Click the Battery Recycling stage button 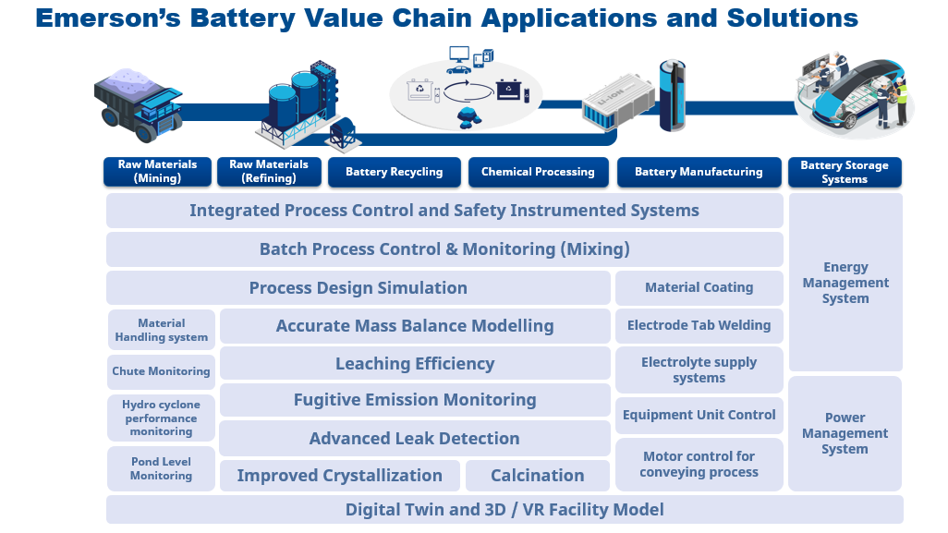pyautogui.click(x=394, y=172)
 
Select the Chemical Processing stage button pyautogui.click(x=538, y=172)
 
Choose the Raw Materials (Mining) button pyautogui.click(x=157, y=172)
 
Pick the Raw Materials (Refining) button pyautogui.click(x=269, y=172)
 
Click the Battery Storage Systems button pyautogui.click(x=845, y=172)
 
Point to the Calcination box pyautogui.click(x=537, y=476)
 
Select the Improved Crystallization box pyautogui.click(x=339, y=476)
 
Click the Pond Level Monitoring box pyautogui.click(x=161, y=468)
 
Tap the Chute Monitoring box pyautogui.click(x=161, y=371)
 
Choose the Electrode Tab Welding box pyautogui.click(x=699, y=325)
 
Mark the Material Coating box pyautogui.click(x=699, y=287)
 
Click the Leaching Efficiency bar pyautogui.click(x=415, y=363)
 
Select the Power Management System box pyautogui.click(x=845, y=433)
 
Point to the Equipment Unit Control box pyautogui.click(x=699, y=415)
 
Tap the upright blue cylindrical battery pyautogui.click(x=672, y=95)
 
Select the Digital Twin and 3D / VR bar pyautogui.click(x=504, y=509)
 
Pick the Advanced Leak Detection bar pyautogui.click(x=414, y=438)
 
